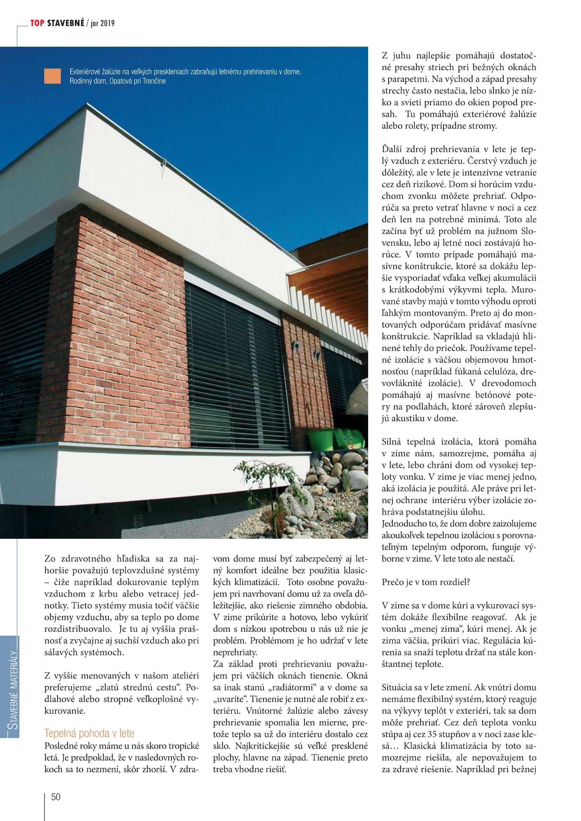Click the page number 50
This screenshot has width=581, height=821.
56,797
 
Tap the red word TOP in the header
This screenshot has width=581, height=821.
37,23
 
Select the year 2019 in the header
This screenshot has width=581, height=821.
107,24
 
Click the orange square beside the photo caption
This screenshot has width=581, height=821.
53,76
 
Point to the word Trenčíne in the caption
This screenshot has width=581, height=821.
154,81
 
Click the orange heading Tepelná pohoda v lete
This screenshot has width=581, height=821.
89,733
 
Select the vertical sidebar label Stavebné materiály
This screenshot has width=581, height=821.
13,690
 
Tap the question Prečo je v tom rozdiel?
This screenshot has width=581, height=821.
425,582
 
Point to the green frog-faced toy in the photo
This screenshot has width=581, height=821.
349,439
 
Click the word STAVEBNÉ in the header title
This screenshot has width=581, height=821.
65,23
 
